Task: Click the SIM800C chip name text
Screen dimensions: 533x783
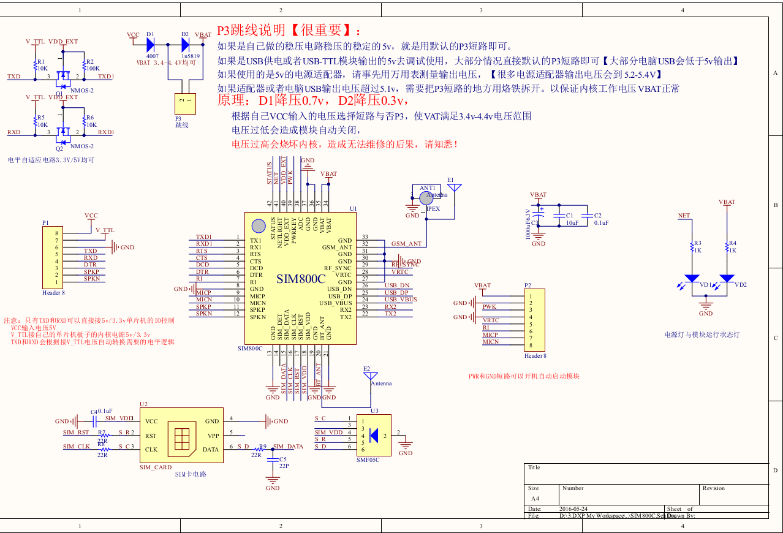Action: tap(301, 279)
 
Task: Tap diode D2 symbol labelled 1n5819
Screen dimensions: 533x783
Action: tap(186, 43)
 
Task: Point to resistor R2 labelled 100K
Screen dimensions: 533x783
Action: tap(84, 64)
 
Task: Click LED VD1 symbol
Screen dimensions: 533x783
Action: tap(692, 278)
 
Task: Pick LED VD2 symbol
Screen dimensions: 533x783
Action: tap(727, 278)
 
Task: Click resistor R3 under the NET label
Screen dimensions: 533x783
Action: tap(692, 248)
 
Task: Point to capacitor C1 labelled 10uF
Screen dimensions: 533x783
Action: tap(558, 216)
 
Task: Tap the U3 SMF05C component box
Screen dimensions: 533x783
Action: tap(375, 435)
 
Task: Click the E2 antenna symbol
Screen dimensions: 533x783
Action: tap(371, 376)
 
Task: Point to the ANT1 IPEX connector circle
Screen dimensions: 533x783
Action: tap(426, 197)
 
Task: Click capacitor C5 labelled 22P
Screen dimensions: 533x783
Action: tap(273, 459)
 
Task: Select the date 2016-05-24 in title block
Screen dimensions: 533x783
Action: tap(573, 508)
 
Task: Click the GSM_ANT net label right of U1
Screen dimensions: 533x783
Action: tap(406, 244)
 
